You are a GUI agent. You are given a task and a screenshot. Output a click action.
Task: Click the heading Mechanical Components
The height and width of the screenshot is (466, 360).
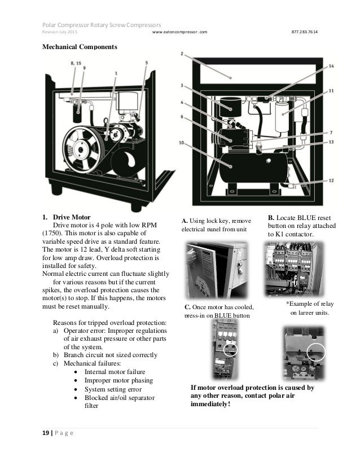coord(80,47)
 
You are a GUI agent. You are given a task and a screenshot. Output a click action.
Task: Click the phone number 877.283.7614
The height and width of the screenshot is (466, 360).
coord(304,31)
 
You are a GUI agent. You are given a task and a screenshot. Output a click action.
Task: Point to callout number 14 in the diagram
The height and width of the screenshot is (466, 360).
coord(331,66)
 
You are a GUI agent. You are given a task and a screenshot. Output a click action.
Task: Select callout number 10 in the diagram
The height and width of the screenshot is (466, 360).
coord(181,143)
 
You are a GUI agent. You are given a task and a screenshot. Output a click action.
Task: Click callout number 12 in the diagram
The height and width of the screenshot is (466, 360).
coord(331,181)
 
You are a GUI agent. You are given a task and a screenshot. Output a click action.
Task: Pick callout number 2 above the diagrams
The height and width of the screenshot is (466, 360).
coord(182,54)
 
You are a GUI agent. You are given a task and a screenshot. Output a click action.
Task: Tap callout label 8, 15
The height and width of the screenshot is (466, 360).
coord(76,64)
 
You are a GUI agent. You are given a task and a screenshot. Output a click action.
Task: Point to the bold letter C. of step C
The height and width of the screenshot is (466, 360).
coord(188,307)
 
